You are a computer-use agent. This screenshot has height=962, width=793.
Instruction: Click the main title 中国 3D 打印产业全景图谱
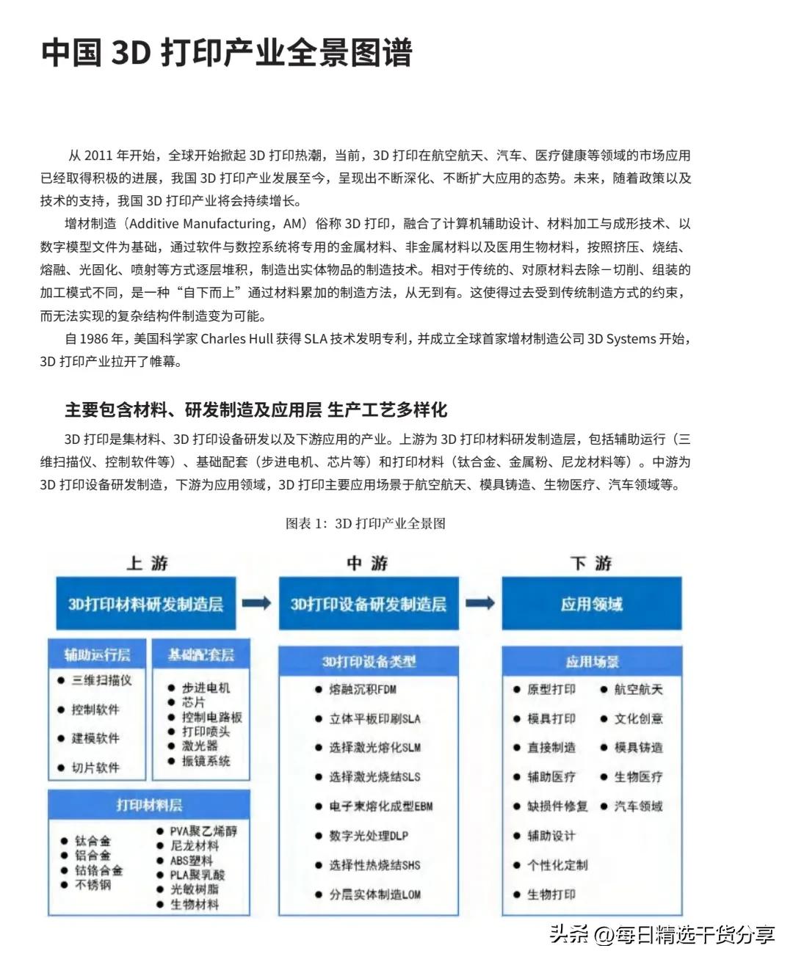(x=226, y=53)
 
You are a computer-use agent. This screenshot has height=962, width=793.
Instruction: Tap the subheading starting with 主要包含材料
(x=256, y=409)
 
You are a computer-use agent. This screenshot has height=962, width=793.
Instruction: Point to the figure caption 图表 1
(x=366, y=523)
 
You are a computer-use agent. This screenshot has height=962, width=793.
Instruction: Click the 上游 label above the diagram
(x=147, y=564)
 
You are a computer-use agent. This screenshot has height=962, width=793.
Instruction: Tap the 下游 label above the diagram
(x=591, y=564)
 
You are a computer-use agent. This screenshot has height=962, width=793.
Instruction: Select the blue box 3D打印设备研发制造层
(x=369, y=604)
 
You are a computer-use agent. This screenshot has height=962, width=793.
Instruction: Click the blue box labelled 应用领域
(x=592, y=604)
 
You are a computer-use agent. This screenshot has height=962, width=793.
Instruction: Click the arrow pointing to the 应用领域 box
(x=480, y=603)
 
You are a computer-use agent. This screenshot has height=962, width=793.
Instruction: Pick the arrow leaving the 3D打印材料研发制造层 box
(x=257, y=603)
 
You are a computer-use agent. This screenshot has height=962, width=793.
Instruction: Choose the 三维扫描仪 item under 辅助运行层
(x=101, y=680)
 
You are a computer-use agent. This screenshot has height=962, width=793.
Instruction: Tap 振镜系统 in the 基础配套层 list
(x=206, y=761)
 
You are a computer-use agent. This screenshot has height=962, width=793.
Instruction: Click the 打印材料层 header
(x=149, y=805)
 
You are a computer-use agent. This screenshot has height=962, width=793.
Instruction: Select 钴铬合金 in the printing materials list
(x=98, y=870)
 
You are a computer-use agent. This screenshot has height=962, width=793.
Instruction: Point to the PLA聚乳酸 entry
(x=198, y=875)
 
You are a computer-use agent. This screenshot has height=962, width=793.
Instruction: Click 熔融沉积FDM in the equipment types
(x=363, y=690)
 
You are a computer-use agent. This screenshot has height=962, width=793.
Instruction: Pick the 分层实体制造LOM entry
(x=374, y=894)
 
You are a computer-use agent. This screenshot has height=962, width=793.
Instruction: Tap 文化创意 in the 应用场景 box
(x=638, y=718)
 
